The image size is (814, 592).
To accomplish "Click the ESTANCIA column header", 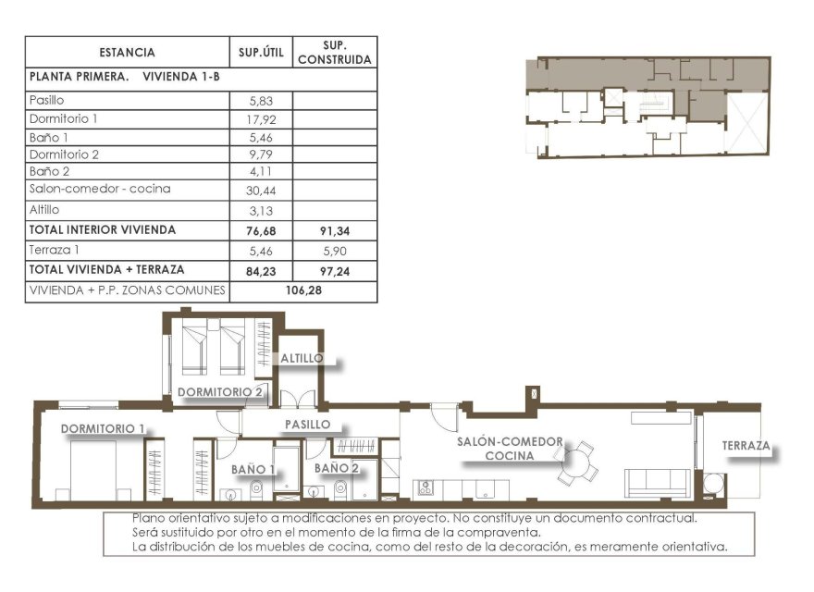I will click(127, 53).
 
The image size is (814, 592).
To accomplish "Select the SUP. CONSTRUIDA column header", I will click(335, 52).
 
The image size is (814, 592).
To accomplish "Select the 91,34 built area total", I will click(335, 230).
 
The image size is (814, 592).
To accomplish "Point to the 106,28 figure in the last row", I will click(302, 290).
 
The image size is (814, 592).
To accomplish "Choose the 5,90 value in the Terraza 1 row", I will click(335, 250).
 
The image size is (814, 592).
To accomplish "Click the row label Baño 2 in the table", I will click(50, 171).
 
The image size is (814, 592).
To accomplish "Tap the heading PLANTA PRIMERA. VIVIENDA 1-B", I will click(125, 79).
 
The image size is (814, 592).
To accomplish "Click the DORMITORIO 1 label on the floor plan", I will click(104, 428).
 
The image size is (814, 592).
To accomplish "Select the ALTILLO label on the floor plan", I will click(302, 357).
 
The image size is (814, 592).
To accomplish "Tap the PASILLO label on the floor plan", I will click(307, 424).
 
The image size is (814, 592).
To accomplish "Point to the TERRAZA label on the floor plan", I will click(746, 446).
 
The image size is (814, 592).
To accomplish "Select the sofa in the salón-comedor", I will click(658, 481).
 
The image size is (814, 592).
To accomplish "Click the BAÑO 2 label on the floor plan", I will click(336, 468).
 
